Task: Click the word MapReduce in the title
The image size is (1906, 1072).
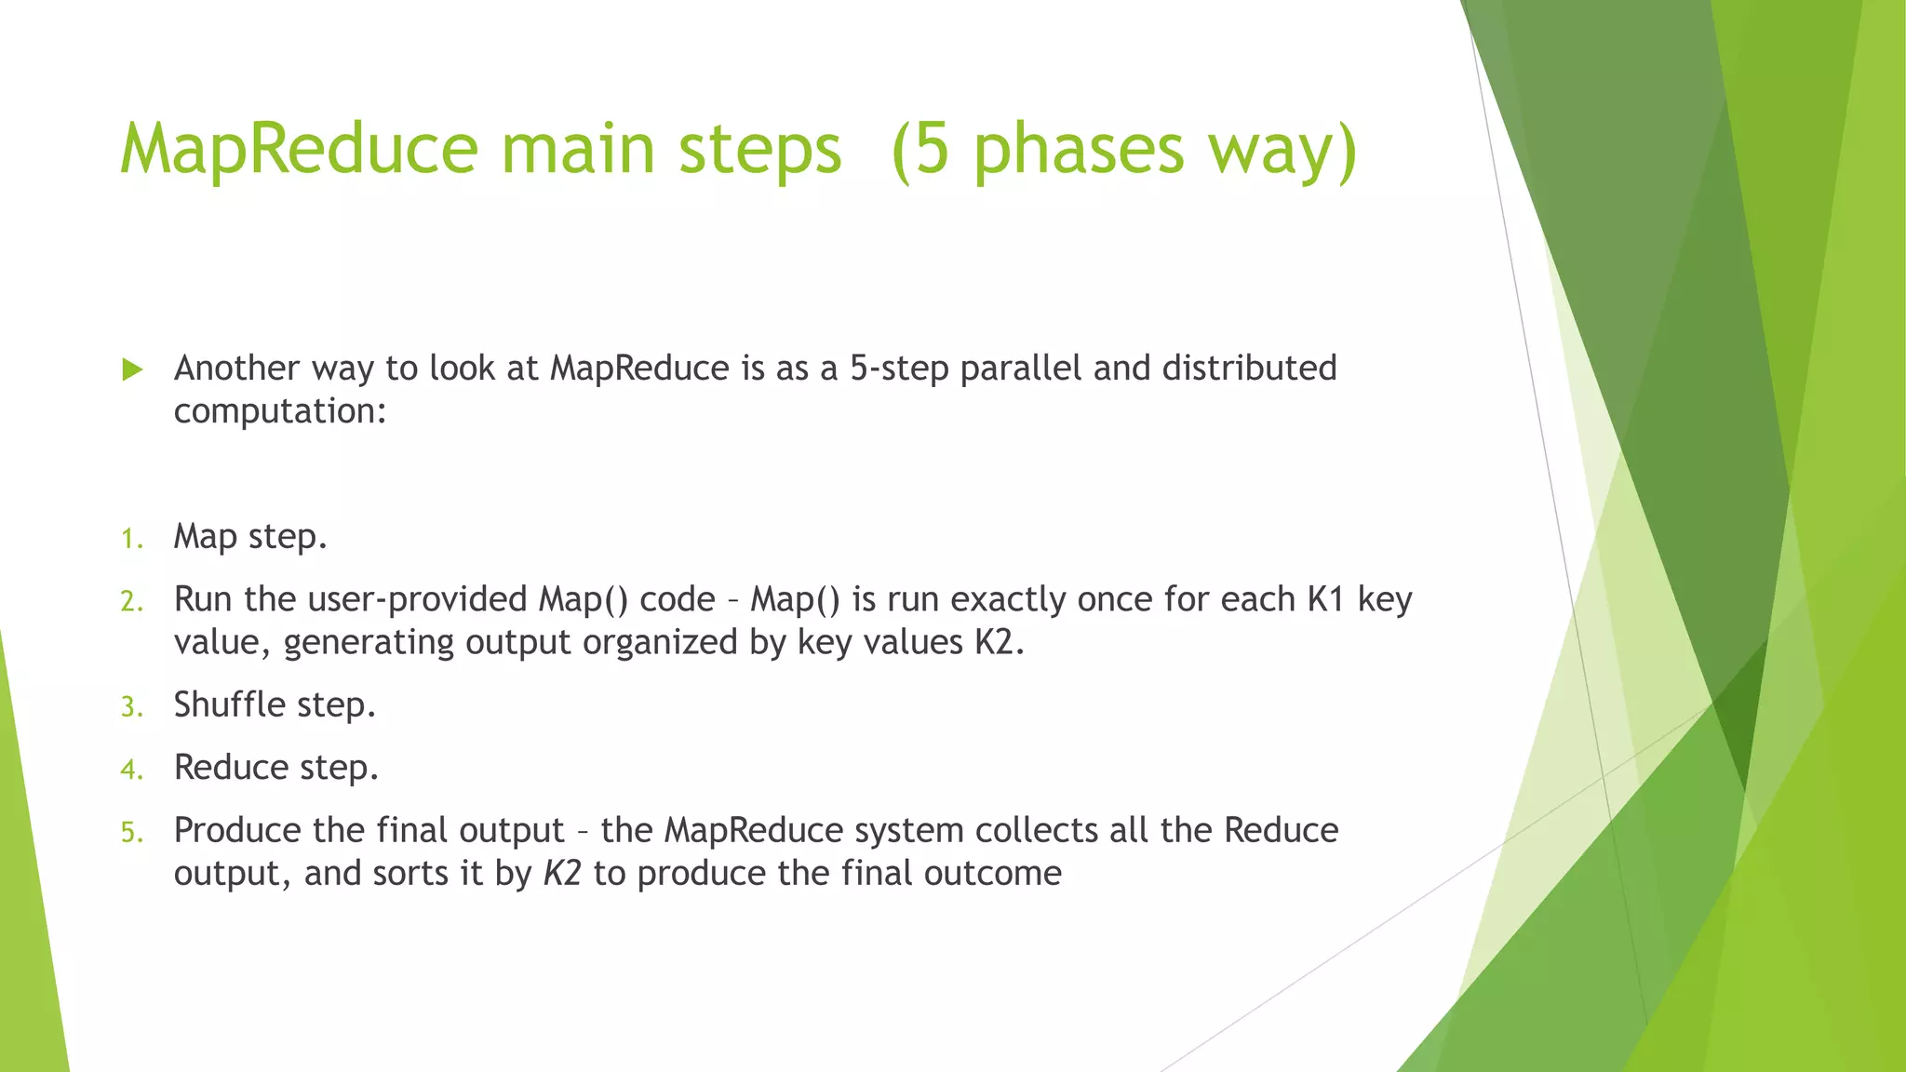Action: tap(299, 149)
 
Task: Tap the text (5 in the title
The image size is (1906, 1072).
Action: tap(919, 149)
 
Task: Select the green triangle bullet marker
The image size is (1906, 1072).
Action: tap(132, 370)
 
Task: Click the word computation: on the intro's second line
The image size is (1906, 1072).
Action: tap(280, 411)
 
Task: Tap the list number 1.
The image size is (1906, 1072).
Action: tap(131, 539)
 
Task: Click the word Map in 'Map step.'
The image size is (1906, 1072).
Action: tap(205, 537)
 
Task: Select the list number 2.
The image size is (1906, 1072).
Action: tap(131, 601)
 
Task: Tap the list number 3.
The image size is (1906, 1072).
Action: tap(131, 707)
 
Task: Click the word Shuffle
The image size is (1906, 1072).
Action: tap(230, 704)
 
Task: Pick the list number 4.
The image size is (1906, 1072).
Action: tap(131, 770)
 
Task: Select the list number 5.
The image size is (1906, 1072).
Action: tap(131, 832)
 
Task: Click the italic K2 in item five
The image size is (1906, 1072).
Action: tap(562, 874)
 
